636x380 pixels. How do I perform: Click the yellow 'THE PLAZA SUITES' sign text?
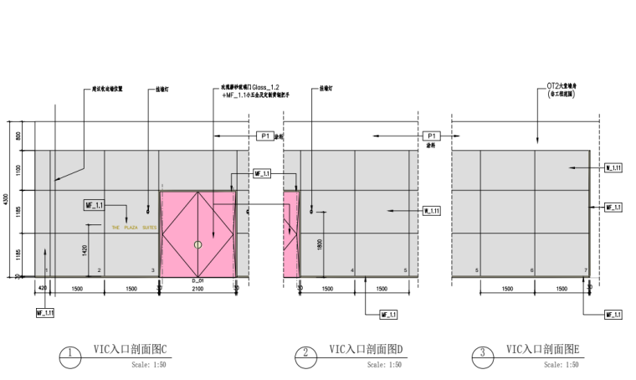click(x=134, y=227)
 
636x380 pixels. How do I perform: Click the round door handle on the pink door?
click(x=197, y=244)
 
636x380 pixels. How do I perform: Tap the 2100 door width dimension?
click(x=198, y=288)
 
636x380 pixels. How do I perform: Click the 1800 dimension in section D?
click(x=319, y=244)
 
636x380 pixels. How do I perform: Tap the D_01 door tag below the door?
click(x=198, y=280)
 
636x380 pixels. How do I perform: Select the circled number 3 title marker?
click(x=482, y=353)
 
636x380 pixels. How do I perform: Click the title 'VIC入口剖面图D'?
click(x=366, y=349)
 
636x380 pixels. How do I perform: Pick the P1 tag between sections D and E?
click(x=432, y=136)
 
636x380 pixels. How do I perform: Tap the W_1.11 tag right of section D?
click(x=431, y=211)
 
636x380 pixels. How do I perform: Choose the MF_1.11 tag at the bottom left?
click(x=44, y=312)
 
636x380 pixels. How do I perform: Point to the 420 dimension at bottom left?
click(x=42, y=288)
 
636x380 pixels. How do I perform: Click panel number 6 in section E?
click(x=532, y=270)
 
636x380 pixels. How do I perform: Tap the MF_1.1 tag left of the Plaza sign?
click(x=94, y=205)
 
